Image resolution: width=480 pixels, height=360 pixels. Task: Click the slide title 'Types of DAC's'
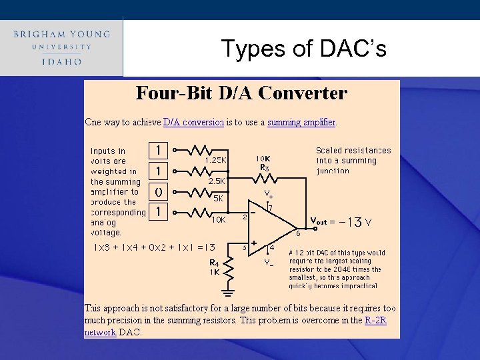[x=303, y=49]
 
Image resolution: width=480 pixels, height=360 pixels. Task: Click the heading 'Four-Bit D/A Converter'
[x=241, y=93]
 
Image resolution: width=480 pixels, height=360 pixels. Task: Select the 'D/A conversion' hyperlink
[x=193, y=123]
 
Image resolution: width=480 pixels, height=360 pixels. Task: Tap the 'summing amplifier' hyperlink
[x=301, y=123]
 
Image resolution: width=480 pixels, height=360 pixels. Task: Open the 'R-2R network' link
[x=375, y=321]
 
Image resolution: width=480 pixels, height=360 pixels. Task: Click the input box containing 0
[x=158, y=191]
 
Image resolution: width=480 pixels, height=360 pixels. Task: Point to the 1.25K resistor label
[x=216, y=160]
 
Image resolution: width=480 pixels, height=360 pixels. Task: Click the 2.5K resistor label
[x=217, y=181]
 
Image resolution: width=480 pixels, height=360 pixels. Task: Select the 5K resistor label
[x=218, y=199]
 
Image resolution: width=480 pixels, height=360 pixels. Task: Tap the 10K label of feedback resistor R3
[x=263, y=159]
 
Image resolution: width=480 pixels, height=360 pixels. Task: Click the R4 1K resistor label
[x=215, y=267]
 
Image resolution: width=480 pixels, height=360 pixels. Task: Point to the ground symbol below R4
[x=228, y=291]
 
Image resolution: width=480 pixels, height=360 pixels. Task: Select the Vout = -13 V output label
[x=341, y=222]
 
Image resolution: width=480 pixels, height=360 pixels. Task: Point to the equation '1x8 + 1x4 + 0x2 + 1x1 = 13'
[x=154, y=247]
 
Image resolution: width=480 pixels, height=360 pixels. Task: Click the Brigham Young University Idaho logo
[x=61, y=47]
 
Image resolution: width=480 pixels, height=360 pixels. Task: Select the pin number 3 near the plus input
[x=245, y=247]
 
